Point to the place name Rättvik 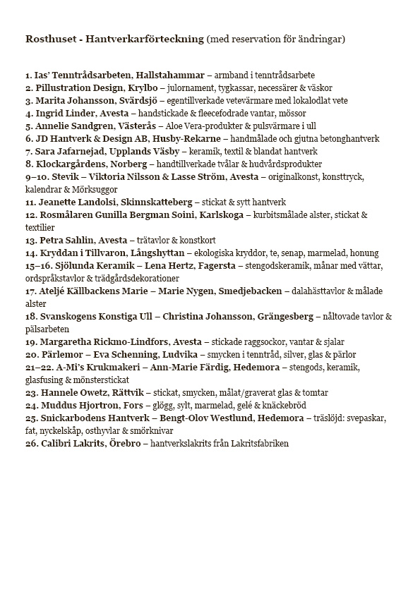tap(122, 392)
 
